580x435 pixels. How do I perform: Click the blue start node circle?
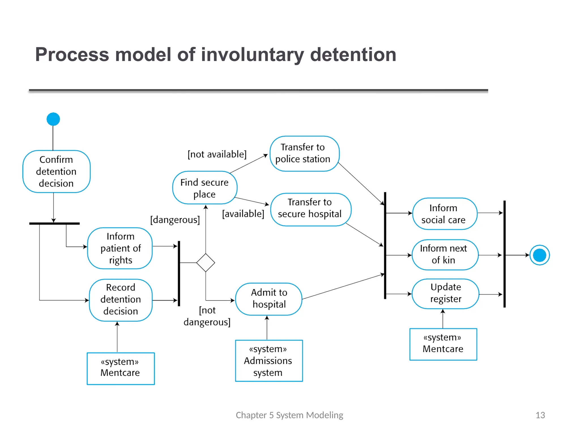coord(53,119)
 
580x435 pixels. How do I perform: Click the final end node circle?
coord(540,255)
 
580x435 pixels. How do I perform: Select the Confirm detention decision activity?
coord(56,171)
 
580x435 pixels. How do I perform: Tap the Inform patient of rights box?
coord(120,248)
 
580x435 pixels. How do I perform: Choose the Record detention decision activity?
coord(121,300)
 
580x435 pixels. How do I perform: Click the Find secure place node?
coord(204,188)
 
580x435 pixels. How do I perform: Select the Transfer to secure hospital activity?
coord(310,209)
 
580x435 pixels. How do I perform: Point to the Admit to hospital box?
coord(269,299)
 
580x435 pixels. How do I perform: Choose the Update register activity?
coord(445,293)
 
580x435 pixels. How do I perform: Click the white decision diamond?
coord(206,263)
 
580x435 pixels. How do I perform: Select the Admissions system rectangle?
coord(269,361)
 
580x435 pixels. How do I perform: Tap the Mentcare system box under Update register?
coord(443,344)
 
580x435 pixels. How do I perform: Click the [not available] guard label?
coord(217,154)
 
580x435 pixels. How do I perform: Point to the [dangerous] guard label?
coord(175,220)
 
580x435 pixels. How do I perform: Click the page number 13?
coord(540,415)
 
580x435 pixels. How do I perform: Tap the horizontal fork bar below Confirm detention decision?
coord(54,223)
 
